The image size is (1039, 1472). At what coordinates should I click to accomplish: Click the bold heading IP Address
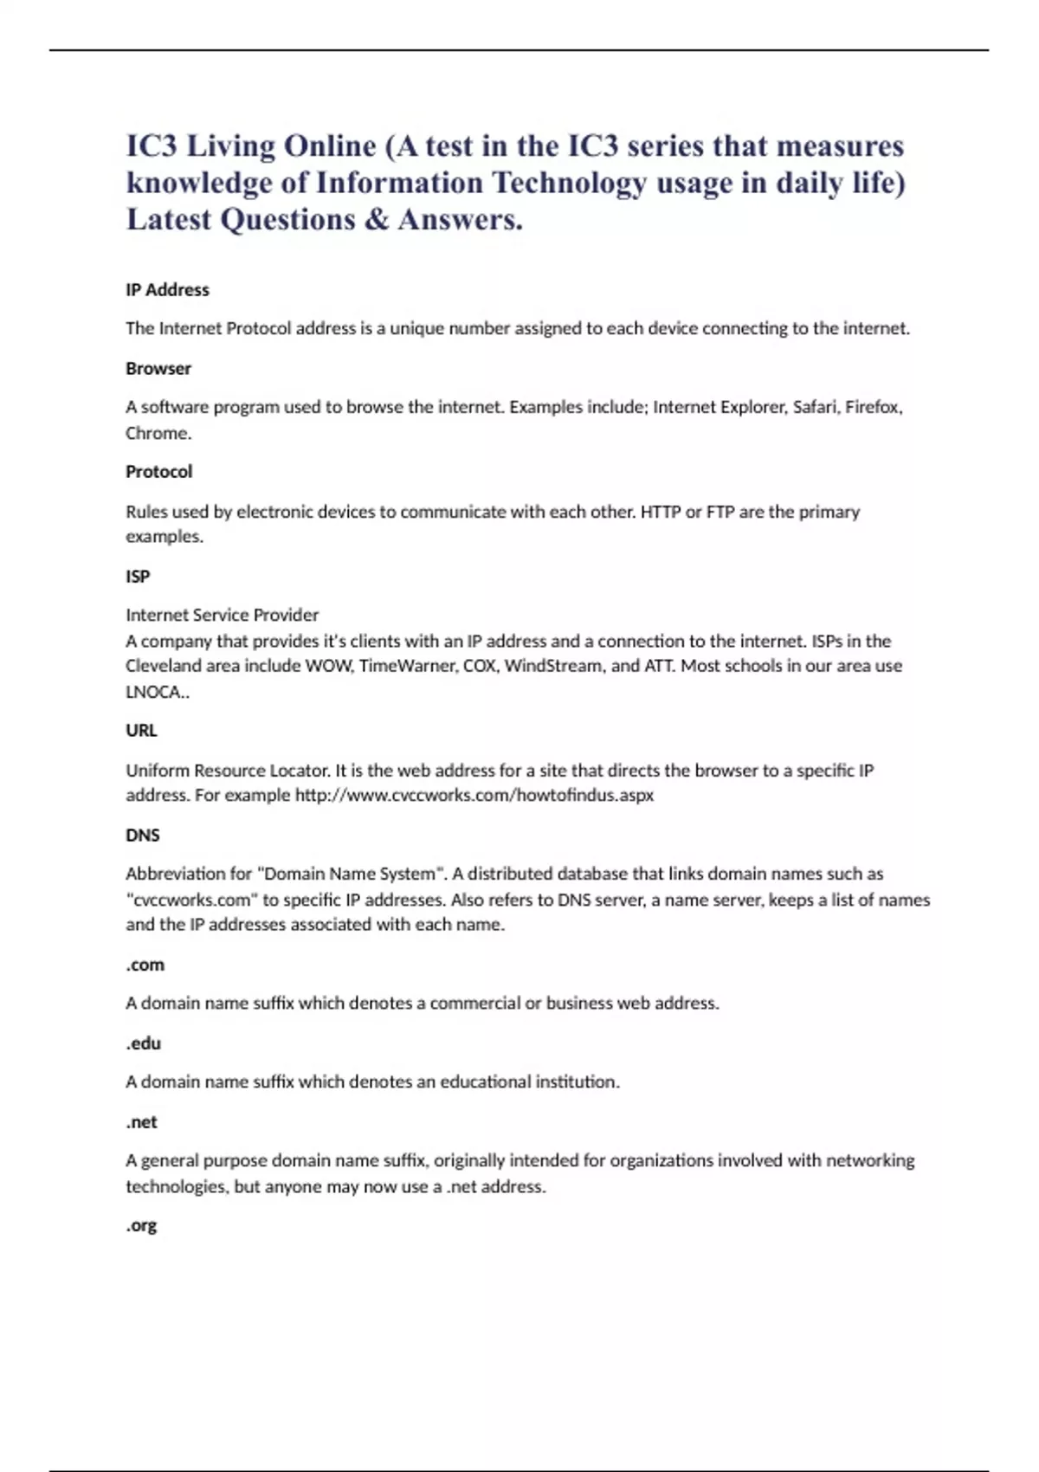167,290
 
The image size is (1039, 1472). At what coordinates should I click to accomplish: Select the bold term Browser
158,368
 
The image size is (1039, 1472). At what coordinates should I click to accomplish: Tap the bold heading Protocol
159,472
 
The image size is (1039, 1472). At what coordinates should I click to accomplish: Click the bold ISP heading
138,576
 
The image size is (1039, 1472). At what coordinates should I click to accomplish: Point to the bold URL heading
141,731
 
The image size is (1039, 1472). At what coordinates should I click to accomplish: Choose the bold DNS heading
143,835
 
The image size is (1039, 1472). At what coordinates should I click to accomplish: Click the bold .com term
145,965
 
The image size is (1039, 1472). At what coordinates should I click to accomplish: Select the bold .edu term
143,1043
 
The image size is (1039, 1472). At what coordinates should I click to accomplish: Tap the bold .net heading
141,1122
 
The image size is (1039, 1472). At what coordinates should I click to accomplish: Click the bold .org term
141,1226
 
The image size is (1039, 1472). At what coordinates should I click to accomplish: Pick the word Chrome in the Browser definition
157,433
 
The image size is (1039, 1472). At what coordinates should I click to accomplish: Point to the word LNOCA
155,692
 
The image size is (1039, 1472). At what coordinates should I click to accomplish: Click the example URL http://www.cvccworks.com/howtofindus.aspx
474,795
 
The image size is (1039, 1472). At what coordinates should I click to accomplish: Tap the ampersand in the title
377,220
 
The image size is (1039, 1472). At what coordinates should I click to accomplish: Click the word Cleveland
164,666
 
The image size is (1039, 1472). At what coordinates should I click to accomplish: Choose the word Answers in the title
460,220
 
